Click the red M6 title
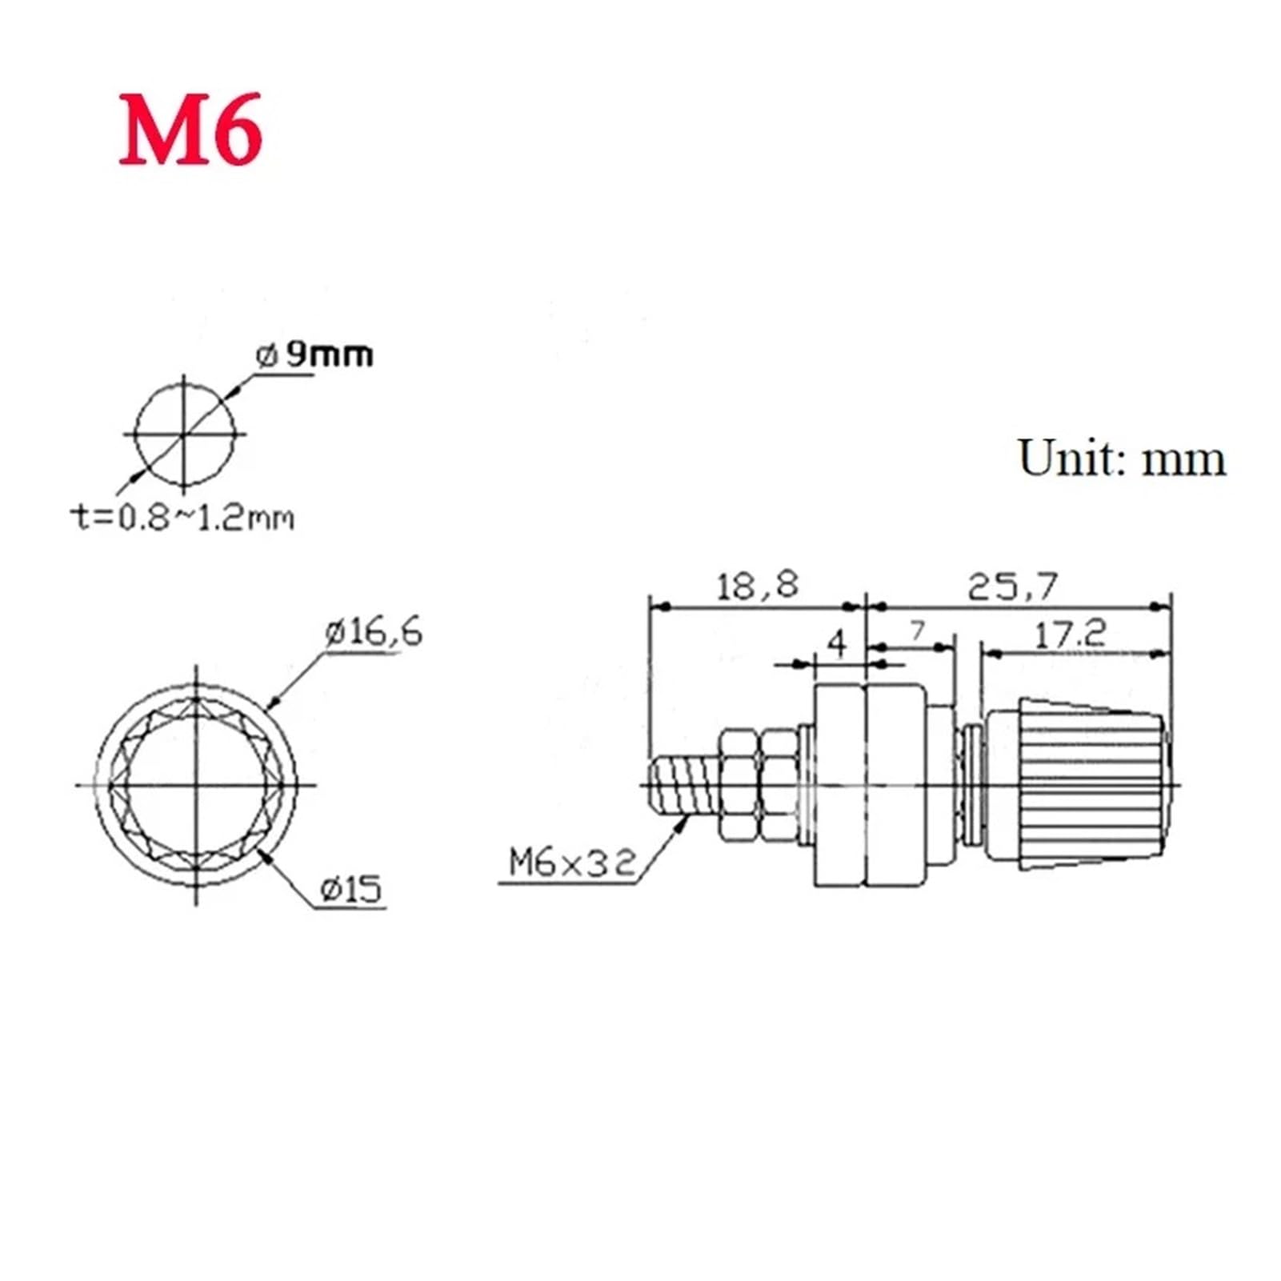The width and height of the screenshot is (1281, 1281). (190, 130)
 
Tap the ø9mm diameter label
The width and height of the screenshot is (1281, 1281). (314, 354)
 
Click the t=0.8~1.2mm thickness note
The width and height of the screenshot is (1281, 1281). (183, 518)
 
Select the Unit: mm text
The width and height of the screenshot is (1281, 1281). (1121, 458)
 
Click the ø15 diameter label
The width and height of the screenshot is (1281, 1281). (351, 889)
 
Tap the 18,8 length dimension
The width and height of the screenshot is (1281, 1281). (756, 586)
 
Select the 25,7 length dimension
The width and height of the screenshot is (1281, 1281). (1012, 587)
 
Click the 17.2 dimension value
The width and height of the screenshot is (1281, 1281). (1070, 635)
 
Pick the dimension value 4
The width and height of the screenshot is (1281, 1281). (837, 643)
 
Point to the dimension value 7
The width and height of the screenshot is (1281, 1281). (917, 631)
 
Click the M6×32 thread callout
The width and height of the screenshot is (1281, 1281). (573, 863)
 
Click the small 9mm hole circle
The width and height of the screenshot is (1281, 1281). (185, 434)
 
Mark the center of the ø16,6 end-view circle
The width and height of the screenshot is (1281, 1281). (196, 785)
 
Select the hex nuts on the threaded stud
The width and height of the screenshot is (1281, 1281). (757, 784)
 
